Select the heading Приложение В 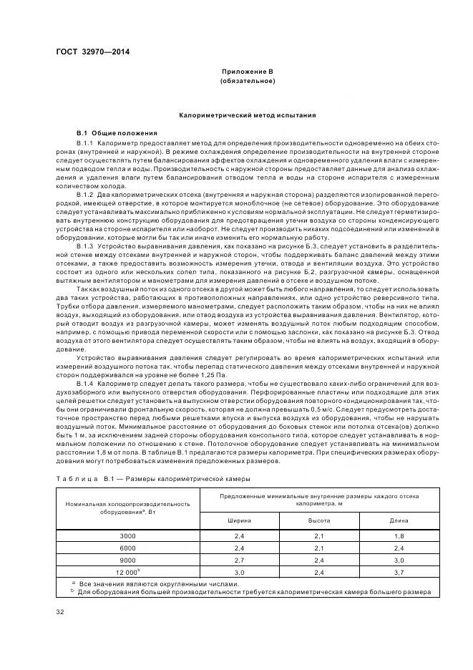tap(247, 72)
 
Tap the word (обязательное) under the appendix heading tap(247, 82)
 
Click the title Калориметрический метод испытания tap(247, 115)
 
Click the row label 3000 tap(127, 535)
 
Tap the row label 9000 tap(127, 560)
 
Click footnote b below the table tap(250, 591)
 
